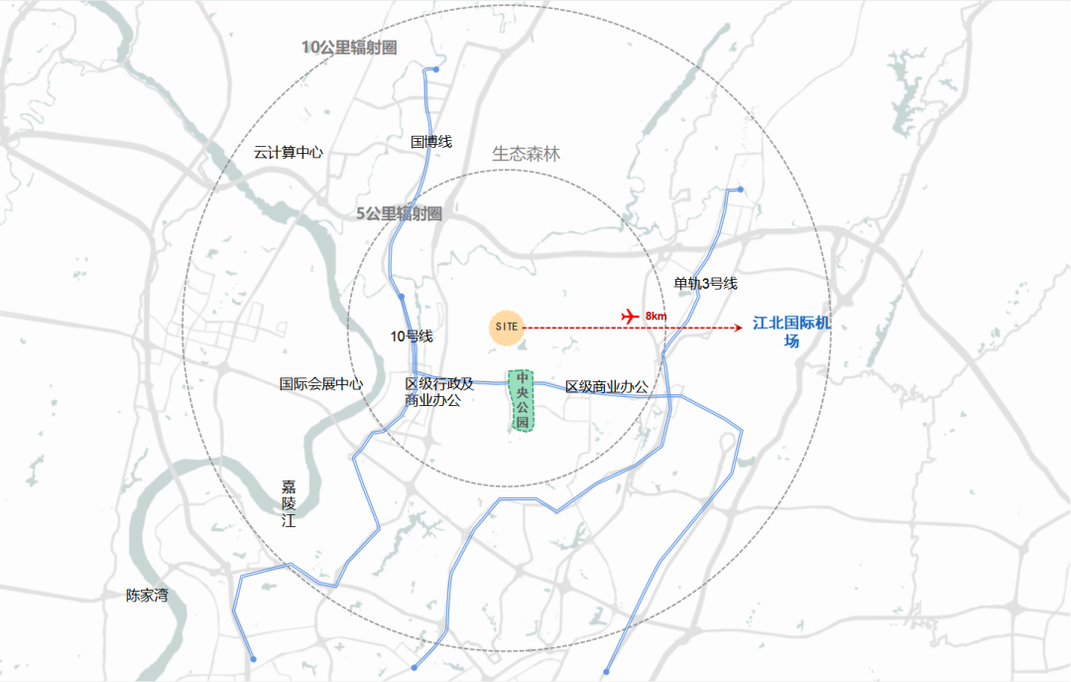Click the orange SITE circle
tap(507, 328)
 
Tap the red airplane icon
tap(629, 315)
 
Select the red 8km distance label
tap(655, 316)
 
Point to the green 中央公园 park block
tap(522, 400)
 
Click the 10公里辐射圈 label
tap(349, 47)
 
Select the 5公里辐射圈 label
tap(399, 213)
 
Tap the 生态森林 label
tap(527, 154)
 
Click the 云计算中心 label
tap(288, 153)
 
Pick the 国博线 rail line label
tap(431, 142)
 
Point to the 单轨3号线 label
tap(706, 284)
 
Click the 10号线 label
tap(412, 337)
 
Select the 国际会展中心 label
tap(321, 384)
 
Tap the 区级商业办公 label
tap(606, 387)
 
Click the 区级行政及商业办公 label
tap(439, 392)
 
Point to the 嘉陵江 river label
tap(289, 503)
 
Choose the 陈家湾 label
tap(147, 596)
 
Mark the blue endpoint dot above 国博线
tap(434, 69)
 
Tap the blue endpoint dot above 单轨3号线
tap(740, 190)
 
